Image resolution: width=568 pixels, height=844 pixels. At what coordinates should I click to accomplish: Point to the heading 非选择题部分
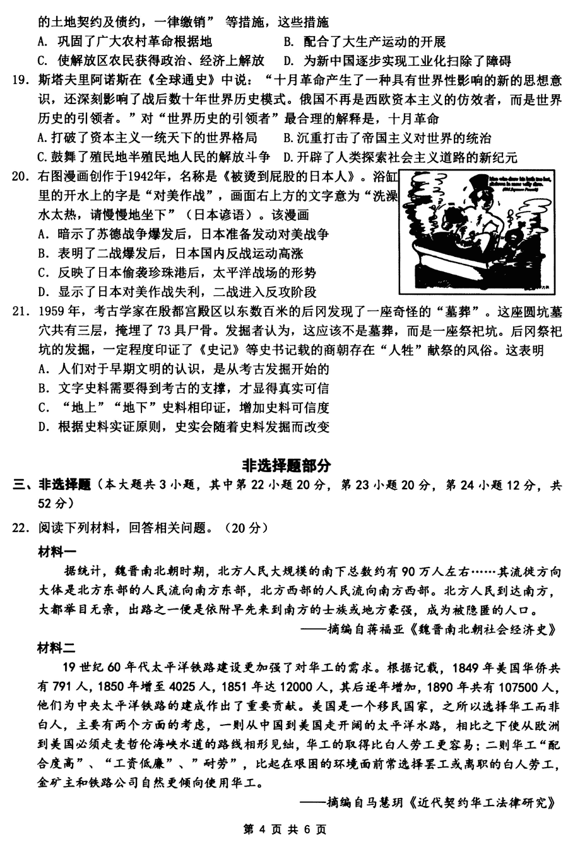click(286, 466)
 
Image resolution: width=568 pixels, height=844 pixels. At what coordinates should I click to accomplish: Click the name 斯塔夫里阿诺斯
click(83, 80)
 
